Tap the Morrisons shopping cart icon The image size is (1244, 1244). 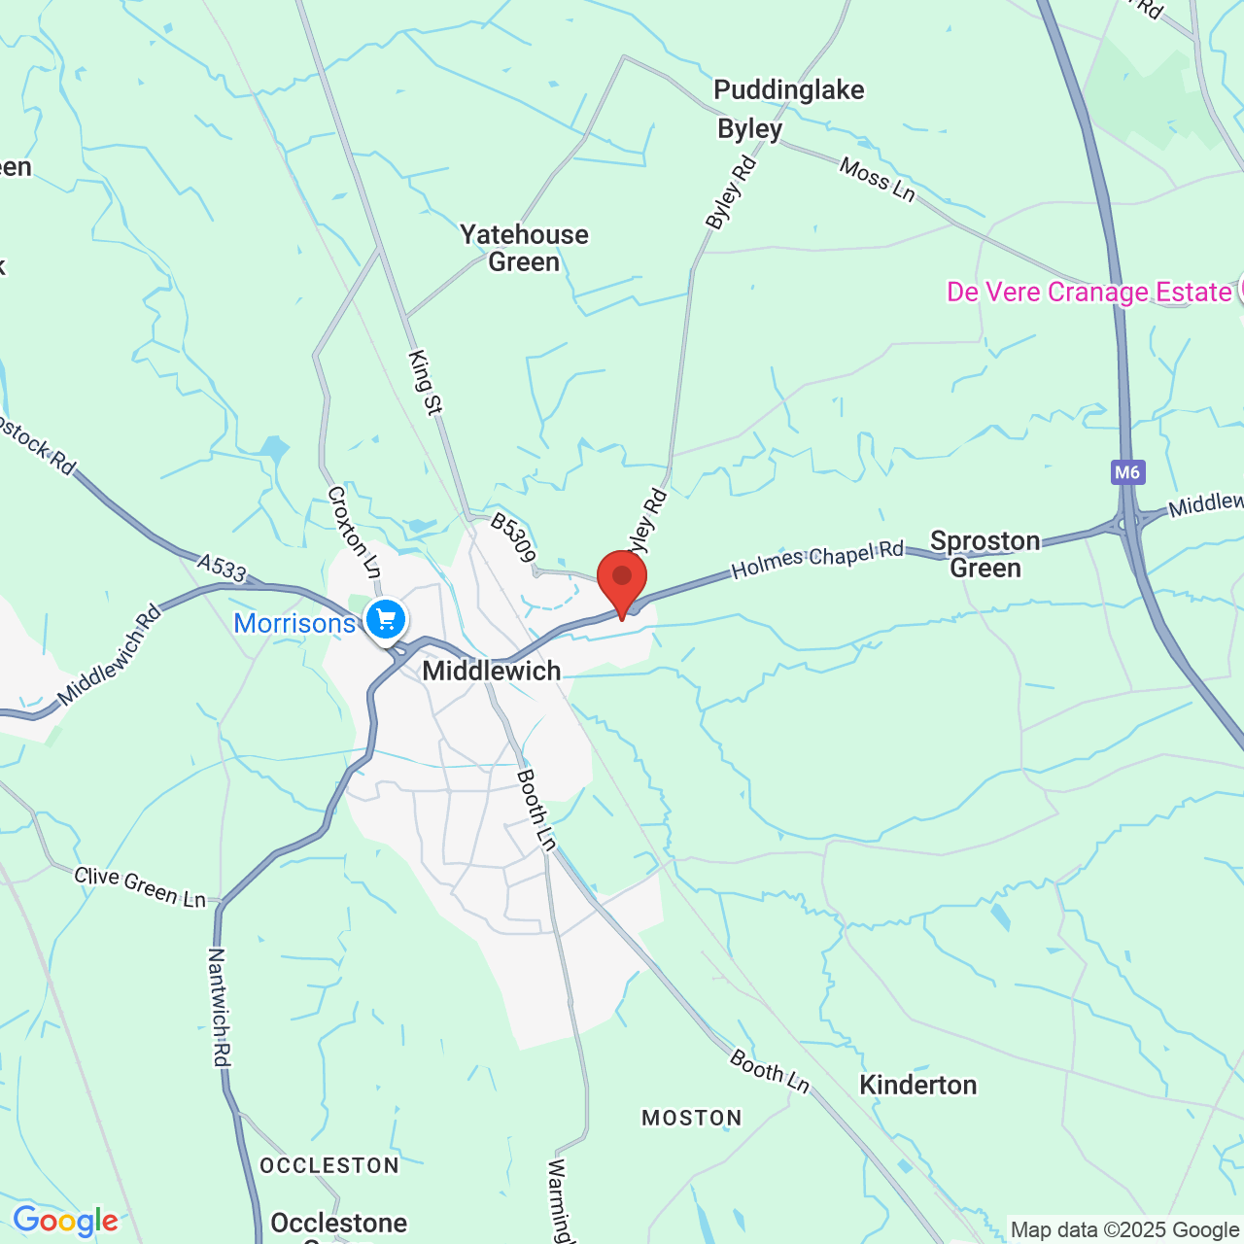(x=386, y=618)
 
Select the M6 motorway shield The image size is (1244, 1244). (x=1127, y=472)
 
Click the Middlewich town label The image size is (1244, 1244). (x=492, y=671)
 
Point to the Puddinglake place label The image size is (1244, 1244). (x=788, y=90)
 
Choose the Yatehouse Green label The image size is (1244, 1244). (x=524, y=248)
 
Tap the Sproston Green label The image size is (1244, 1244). (x=985, y=554)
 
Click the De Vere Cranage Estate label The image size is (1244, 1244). (x=1089, y=293)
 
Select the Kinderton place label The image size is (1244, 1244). (x=917, y=1085)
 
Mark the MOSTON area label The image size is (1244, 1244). (x=692, y=1118)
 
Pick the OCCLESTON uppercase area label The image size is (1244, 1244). (x=329, y=1165)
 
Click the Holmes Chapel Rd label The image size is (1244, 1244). (x=817, y=561)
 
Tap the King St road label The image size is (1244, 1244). (x=426, y=383)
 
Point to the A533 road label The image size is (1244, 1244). (x=222, y=567)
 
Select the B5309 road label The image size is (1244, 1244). (x=512, y=537)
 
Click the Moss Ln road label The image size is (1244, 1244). (x=878, y=180)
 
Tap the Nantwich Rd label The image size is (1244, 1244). (x=219, y=1007)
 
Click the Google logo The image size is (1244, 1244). (x=65, y=1221)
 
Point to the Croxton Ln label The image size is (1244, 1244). (x=354, y=532)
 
